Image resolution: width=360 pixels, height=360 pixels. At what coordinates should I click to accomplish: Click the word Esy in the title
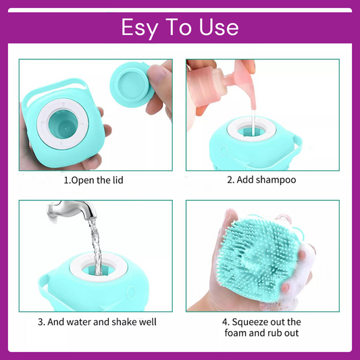tap(139, 27)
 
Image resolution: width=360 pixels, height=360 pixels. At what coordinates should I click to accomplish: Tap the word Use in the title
tap(217, 27)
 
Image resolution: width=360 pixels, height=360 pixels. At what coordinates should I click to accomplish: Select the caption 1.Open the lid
tap(93, 181)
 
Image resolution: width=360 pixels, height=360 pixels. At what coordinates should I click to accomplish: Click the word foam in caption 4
tap(239, 334)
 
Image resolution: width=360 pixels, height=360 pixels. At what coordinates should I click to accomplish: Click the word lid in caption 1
tap(115, 181)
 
